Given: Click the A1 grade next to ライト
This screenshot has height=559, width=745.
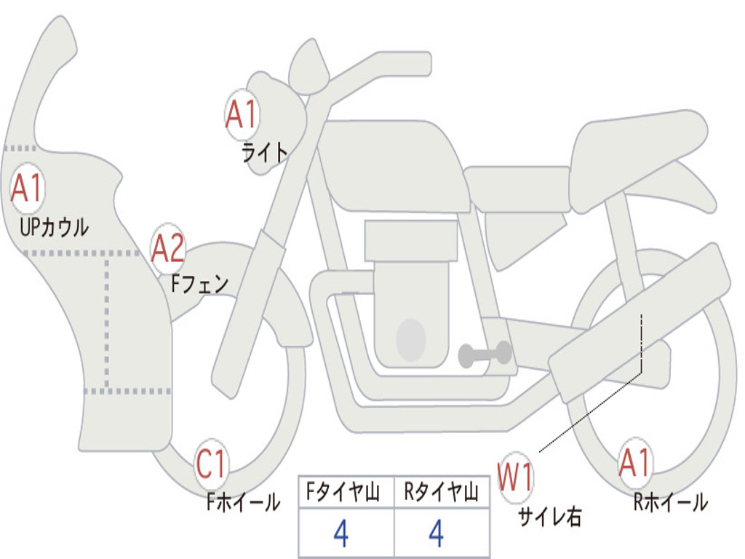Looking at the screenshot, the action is pos(242,115).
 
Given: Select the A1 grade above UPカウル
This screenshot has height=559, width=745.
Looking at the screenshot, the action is pos(28,189).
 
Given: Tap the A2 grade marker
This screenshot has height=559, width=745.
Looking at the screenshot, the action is pos(168,249).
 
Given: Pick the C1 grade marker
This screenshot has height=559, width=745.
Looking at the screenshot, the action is pos(212,464).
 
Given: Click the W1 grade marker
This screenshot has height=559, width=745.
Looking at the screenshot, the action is pos(515,478).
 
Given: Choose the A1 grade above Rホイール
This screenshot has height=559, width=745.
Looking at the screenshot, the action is pos(635,463).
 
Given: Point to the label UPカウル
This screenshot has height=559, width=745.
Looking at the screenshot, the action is pos(54,227).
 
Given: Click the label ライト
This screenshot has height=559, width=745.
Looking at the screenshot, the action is pos(264,152).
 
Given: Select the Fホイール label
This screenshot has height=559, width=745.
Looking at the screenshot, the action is pos(243,501).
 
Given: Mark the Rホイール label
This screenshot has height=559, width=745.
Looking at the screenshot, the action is pos(670,501).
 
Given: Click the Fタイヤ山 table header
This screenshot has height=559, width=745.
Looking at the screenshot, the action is pos(346,493).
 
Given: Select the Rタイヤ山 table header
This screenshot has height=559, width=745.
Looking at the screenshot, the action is pos(442,493).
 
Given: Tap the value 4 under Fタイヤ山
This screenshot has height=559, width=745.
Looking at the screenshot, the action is pos(340,534).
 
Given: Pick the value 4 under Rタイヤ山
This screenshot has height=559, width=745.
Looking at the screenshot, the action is pos(437,534).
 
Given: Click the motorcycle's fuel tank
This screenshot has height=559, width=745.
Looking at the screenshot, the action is pos(397,164).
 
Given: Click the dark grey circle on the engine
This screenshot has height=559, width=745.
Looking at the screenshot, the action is pos(410,339).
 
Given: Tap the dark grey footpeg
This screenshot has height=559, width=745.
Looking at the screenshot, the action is pos(485,354).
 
